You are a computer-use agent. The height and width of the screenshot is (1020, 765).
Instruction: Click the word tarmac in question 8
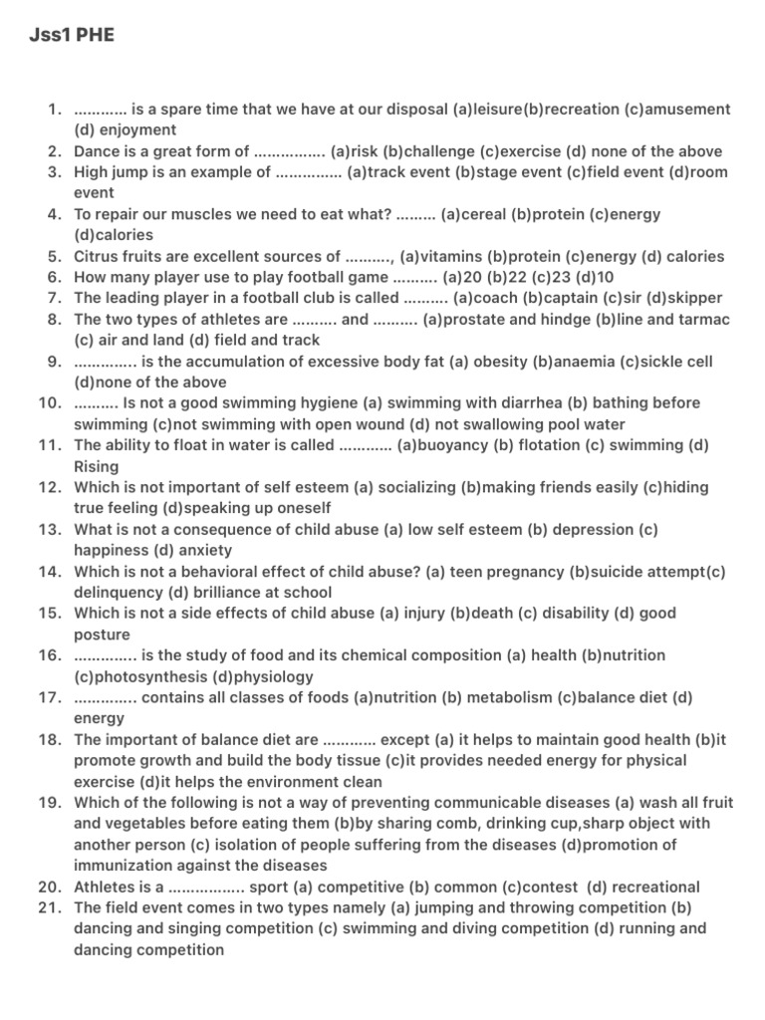[705, 319]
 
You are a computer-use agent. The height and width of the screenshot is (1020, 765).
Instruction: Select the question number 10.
[51, 403]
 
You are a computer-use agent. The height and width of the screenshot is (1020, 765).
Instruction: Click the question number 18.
[51, 740]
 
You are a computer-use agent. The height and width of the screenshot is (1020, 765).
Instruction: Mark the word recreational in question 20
[651, 887]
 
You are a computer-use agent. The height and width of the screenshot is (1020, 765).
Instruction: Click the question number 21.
[51, 907]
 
